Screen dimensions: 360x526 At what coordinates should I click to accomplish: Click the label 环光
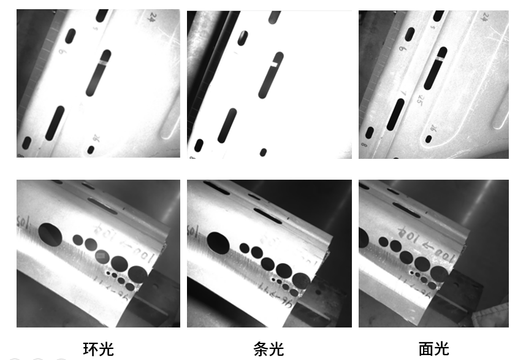click(x=99, y=350)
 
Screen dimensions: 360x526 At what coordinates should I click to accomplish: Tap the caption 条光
click(x=269, y=350)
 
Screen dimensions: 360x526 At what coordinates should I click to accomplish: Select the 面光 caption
click(x=434, y=350)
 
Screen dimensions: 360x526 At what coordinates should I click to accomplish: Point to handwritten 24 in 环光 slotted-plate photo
click(x=152, y=17)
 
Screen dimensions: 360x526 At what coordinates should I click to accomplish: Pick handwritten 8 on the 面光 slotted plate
click(x=364, y=146)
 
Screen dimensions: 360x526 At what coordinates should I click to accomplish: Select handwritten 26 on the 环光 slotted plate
click(x=96, y=139)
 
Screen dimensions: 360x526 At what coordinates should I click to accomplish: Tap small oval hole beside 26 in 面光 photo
click(x=429, y=139)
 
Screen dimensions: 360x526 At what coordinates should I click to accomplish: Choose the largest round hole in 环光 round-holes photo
click(x=50, y=233)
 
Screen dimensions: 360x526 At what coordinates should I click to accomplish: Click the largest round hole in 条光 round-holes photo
click(x=218, y=242)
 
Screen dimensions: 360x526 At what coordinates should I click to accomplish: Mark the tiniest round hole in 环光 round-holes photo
click(x=108, y=272)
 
